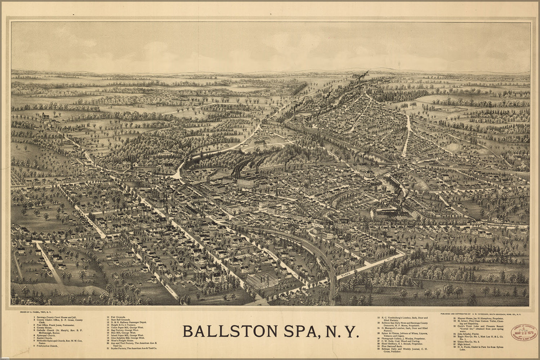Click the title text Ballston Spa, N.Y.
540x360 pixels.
[x=271, y=331]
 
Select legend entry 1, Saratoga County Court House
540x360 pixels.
[x=58, y=318]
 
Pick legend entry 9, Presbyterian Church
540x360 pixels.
[x=47, y=346]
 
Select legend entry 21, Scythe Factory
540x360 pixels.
[x=131, y=348]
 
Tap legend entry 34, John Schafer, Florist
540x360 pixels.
[x=470, y=334]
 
